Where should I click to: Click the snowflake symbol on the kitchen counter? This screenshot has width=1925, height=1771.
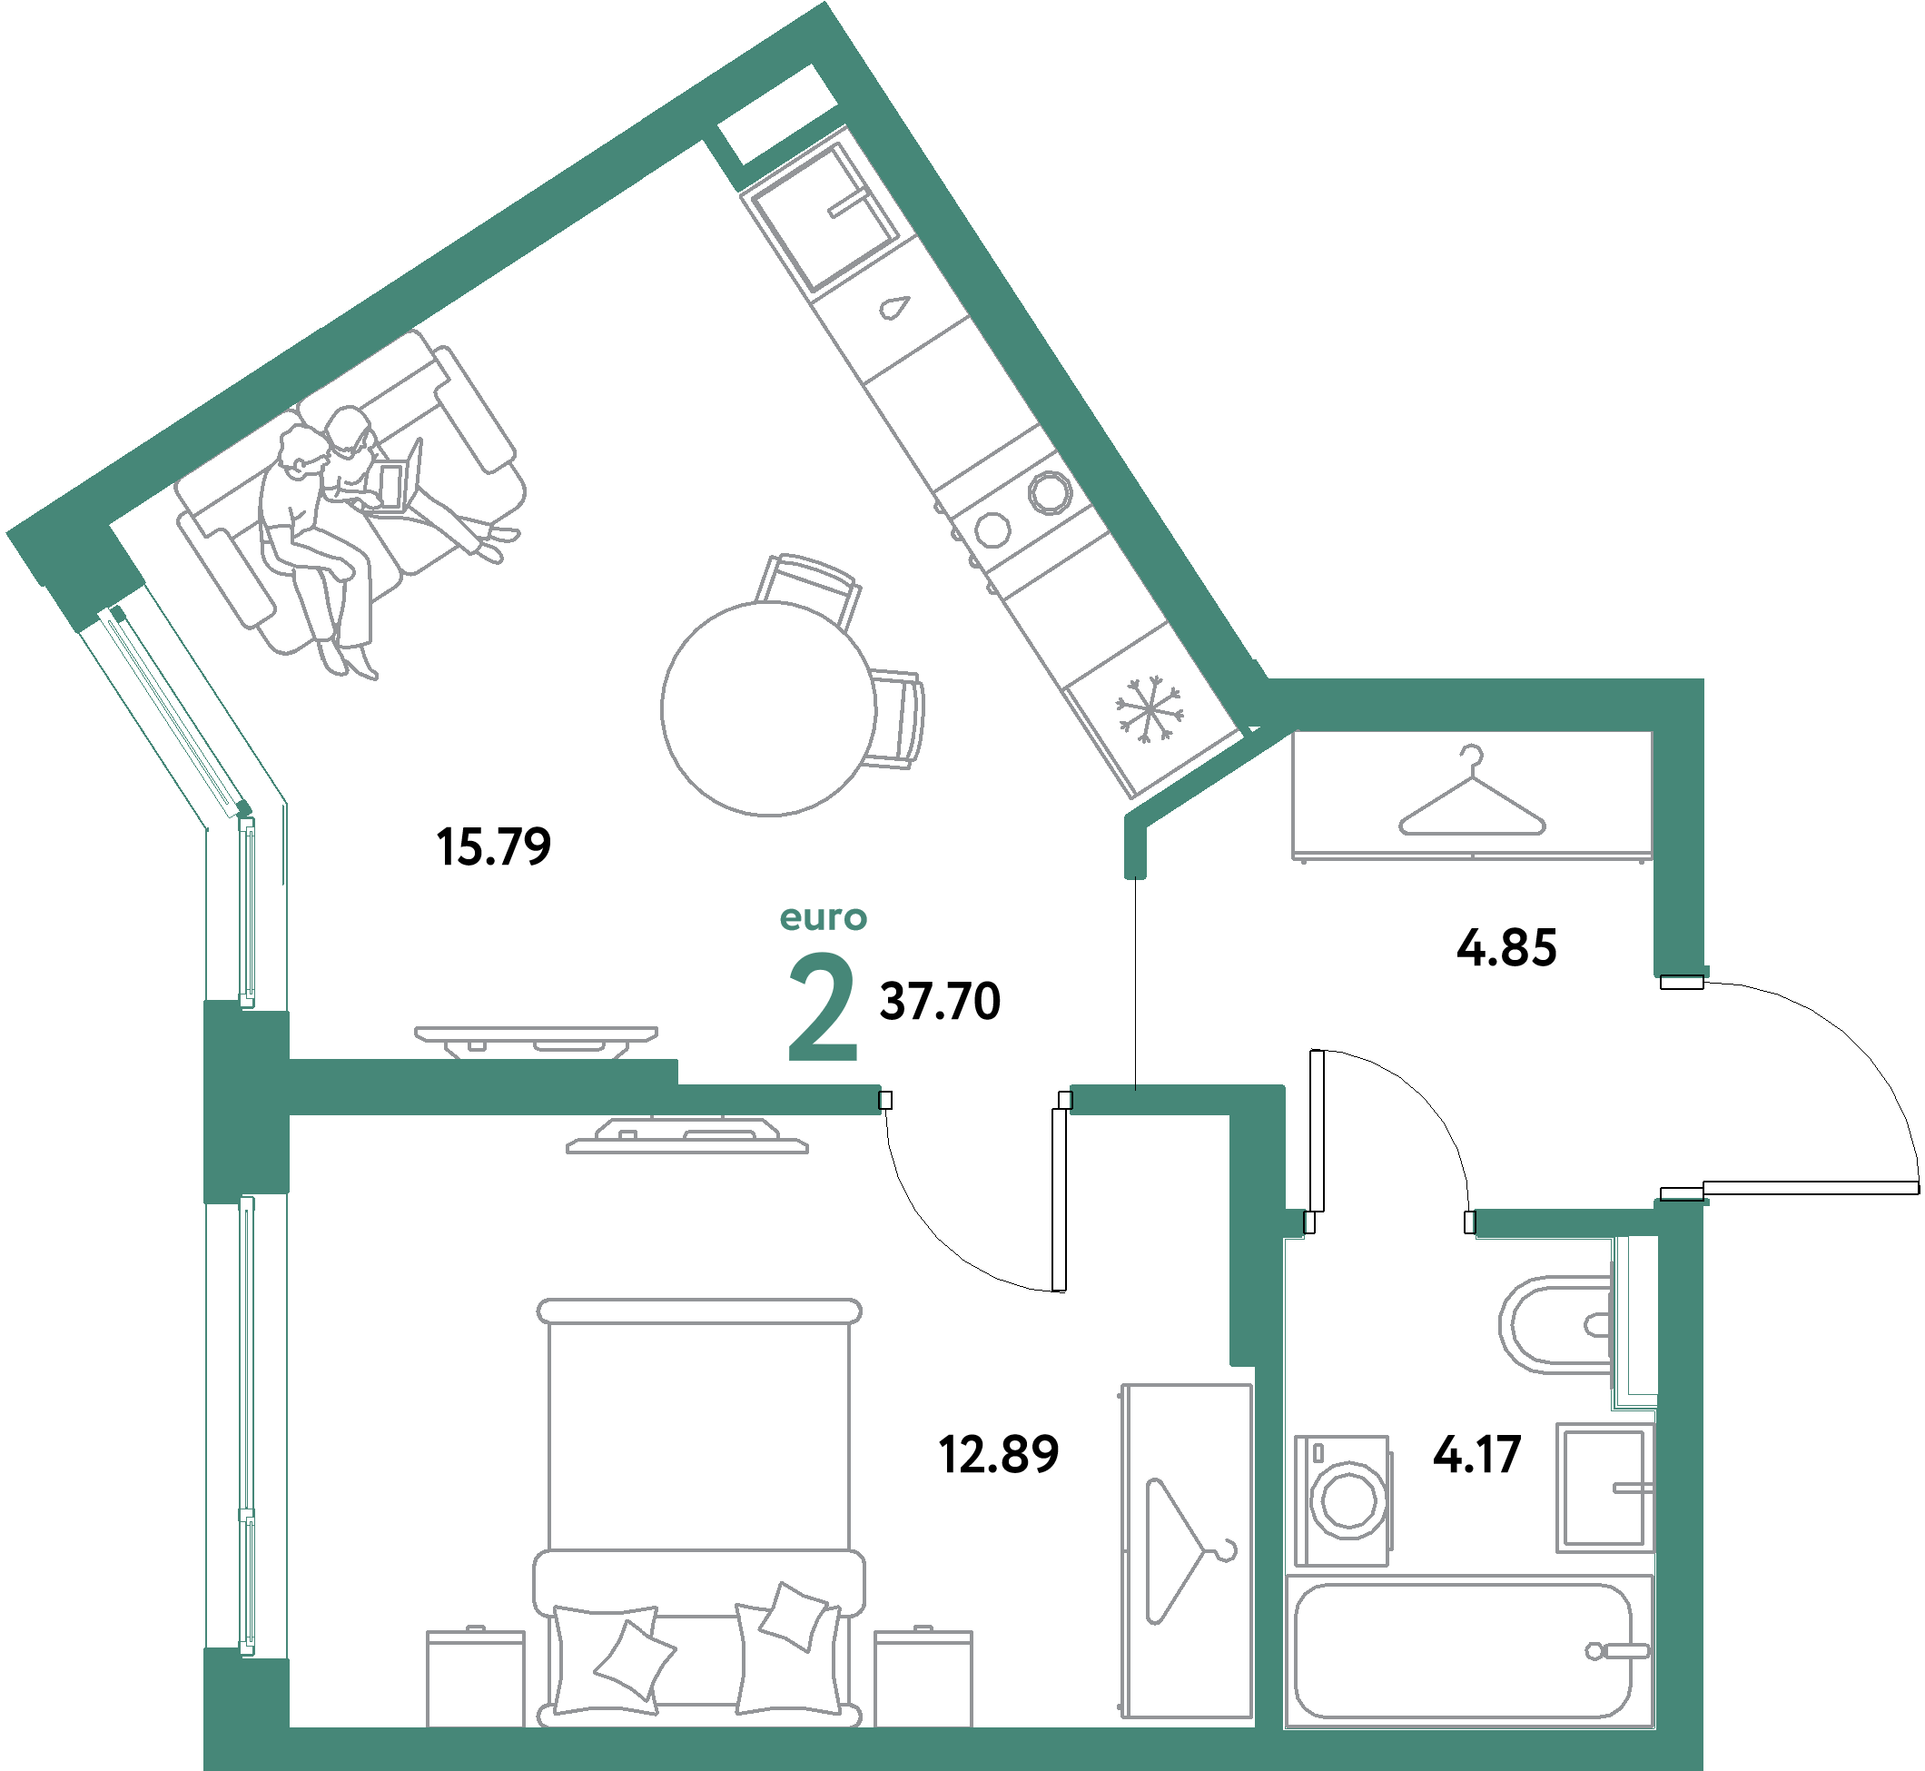pyautogui.click(x=1149, y=709)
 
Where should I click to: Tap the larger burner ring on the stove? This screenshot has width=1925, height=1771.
pyautogui.click(x=1050, y=492)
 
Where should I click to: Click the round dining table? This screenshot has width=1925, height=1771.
pyautogui.click(x=768, y=708)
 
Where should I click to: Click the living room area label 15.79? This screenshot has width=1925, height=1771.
pyautogui.click(x=493, y=847)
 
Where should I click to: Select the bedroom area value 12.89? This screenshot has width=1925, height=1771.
pyautogui.click(x=999, y=1455)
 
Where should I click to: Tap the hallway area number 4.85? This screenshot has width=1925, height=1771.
pyautogui.click(x=1506, y=948)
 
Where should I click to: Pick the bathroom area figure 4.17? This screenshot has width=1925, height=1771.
pyautogui.click(x=1476, y=1455)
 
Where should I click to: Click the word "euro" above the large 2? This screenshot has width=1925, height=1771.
pyautogui.click(x=823, y=918)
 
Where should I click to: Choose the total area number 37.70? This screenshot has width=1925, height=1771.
pyautogui.click(x=940, y=1002)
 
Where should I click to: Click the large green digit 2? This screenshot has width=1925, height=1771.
pyautogui.click(x=821, y=1007)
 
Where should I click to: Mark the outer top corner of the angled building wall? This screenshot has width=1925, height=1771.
pyautogui.click(x=824, y=2)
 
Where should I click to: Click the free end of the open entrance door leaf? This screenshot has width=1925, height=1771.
pyautogui.click(x=1919, y=1189)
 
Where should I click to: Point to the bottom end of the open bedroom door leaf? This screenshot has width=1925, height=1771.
pyautogui.click(x=1059, y=1291)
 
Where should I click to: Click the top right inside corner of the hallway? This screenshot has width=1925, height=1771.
pyautogui.click(x=1653, y=732)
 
